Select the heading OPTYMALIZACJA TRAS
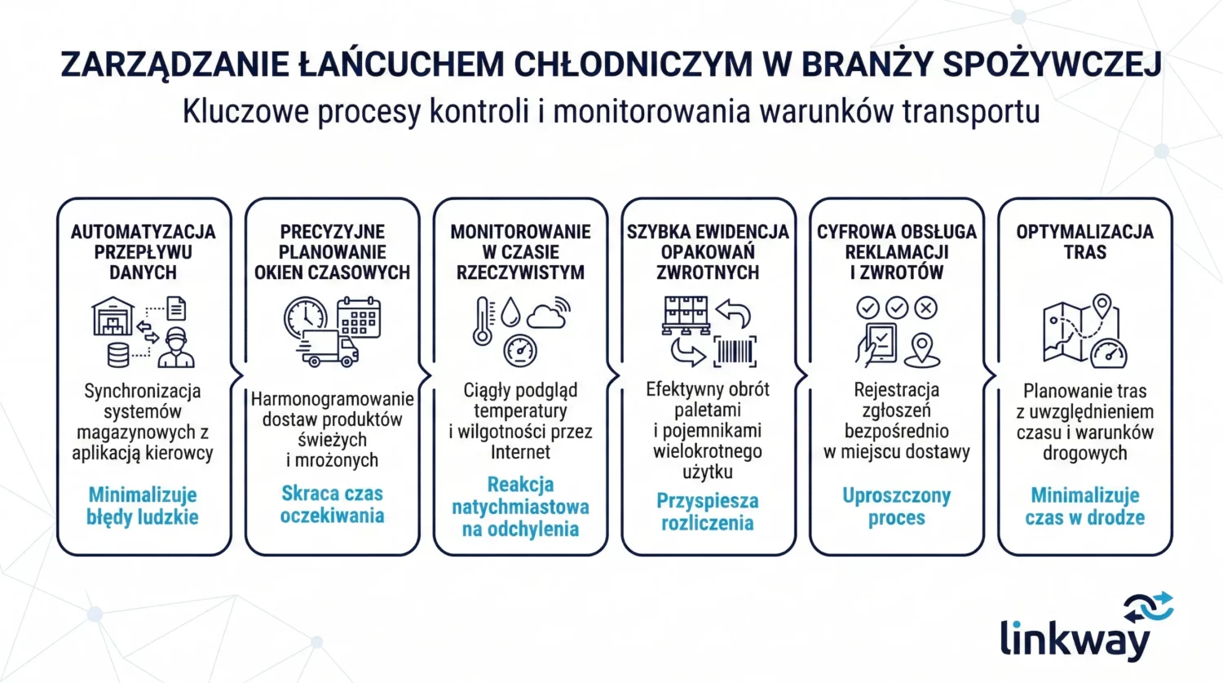tap(1084, 242)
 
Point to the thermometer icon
tap(483, 321)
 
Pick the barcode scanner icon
tap(735, 352)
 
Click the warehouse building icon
tap(113, 317)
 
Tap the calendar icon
tap(359, 317)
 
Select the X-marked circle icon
tap(925, 308)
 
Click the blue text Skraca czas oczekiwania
tap(332, 504)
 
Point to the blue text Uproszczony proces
tap(896, 507)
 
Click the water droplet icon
tap(511, 311)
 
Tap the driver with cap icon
tap(176, 348)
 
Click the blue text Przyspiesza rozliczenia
tap(708, 512)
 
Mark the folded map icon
tap(1071, 330)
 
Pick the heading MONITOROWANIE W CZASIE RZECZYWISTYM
tap(520, 252)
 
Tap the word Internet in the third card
tap(520, 452)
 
